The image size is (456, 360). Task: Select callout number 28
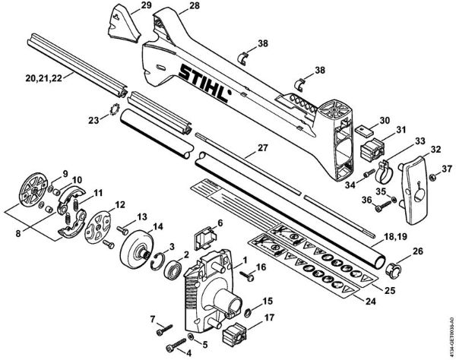coord(194,6)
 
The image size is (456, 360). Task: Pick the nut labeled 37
coord(432,178)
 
